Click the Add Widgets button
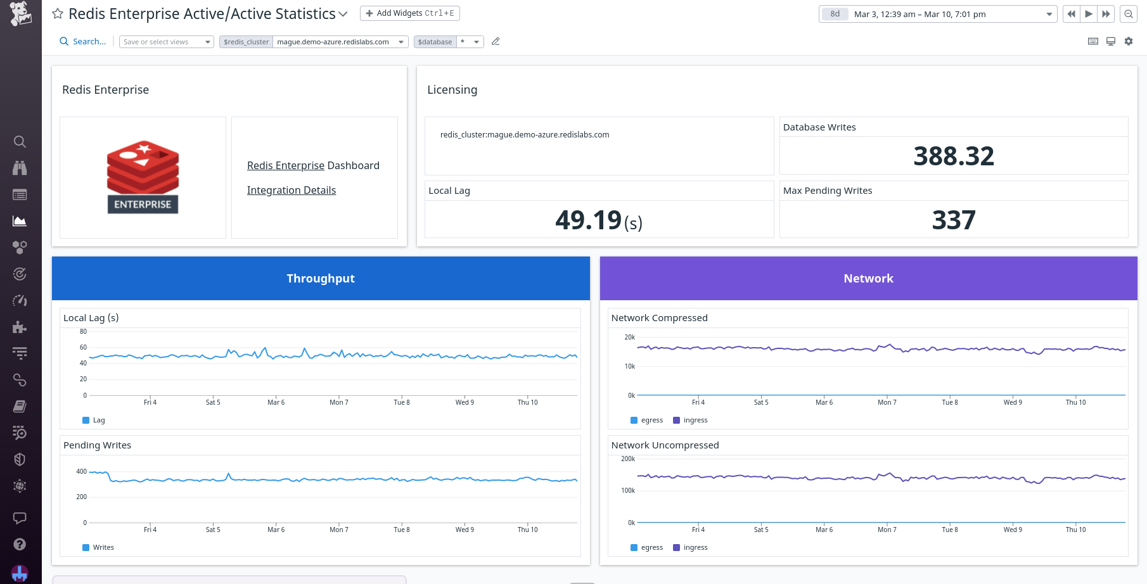409,13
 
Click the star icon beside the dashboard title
58,13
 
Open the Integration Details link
291,190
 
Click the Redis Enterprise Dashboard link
313,165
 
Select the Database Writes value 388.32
953,156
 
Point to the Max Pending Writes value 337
953,220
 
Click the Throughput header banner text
320,279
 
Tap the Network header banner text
868,279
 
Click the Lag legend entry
94,420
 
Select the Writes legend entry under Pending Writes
99,547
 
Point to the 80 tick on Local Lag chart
83,331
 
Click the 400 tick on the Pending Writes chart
81,471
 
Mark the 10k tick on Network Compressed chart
629,366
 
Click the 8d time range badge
835,14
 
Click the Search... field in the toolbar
83,42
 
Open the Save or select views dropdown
167,42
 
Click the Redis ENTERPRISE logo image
143,177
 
